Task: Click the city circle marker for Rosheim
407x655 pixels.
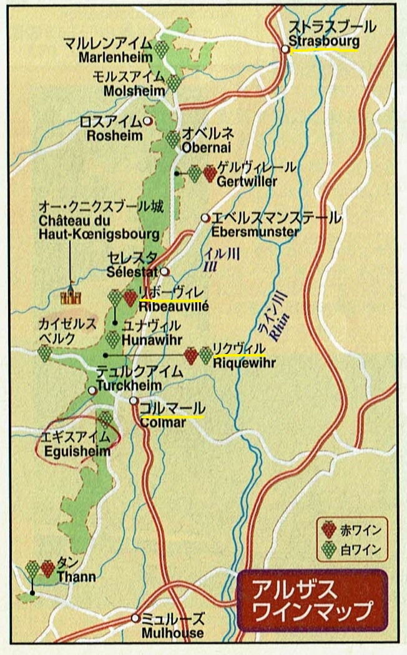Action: [147, 121]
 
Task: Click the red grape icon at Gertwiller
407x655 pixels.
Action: [209, 173]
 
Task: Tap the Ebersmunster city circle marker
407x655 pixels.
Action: [205, 218]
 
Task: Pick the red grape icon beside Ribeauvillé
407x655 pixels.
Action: [130, 298]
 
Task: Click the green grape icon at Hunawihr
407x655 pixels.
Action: [112, 339]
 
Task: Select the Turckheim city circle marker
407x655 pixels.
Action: [92, 390]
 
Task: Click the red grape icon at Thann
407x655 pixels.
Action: [47, 568]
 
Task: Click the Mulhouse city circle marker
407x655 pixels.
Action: [135, 618]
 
